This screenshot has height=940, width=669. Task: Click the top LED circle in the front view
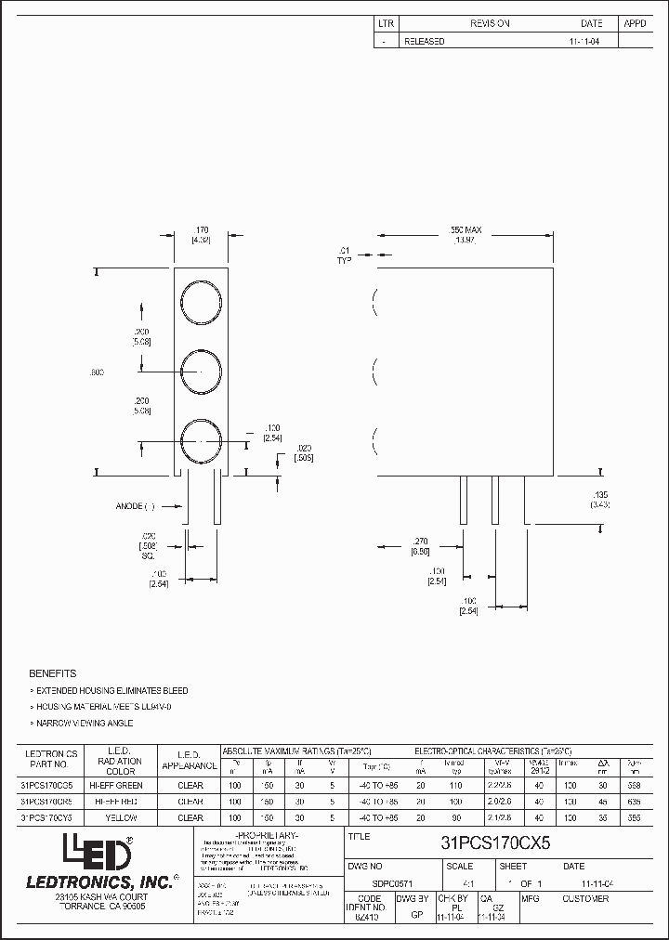click(x=201, y=304)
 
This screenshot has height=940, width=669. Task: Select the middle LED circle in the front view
click(x=201, y=372)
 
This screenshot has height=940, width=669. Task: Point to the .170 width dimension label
click(x=200, y=229)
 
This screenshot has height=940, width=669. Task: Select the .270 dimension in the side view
click(x=419, y=540)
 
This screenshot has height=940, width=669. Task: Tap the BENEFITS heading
click(x=53, y=672)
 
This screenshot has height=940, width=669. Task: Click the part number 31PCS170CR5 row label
click(x=46, y=801)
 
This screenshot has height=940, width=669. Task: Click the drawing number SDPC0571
click(x=368, y=884)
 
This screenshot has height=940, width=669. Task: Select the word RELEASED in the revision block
click(x=424, y=41)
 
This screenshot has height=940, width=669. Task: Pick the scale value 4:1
click(x=454, y=884)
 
